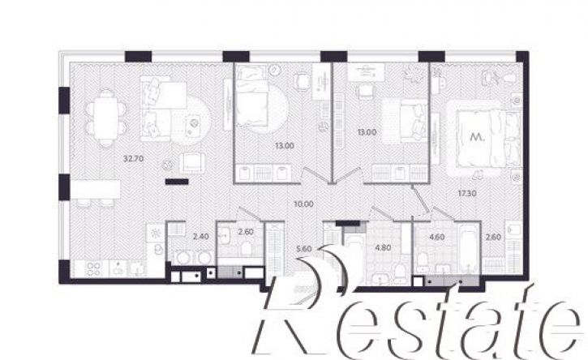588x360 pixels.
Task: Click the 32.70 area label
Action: [x=134, y=159]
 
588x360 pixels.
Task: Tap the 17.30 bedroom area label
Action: [x=467, y=194]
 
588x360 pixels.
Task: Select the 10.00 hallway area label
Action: [x=304, y=204]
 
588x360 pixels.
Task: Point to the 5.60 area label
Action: [x=304, y=248]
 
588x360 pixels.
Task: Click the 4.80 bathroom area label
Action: [x=384, y=247]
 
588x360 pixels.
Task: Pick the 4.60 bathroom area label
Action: [x=437, y=237]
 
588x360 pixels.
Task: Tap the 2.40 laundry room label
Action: [x=200, y=237]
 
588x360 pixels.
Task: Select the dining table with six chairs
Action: [x=106, y=118]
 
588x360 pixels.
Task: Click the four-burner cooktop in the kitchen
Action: [x=93, y=269]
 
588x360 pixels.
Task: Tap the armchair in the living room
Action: [x=192, y=163]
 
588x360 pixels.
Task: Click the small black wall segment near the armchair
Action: [x=177, y=182]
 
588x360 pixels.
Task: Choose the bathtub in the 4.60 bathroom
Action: [x=468, y=250]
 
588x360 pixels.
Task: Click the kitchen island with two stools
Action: [x=96, y=192]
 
